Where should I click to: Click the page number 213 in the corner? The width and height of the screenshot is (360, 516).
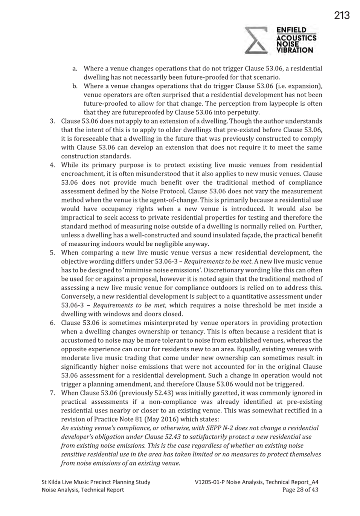coord(342,15)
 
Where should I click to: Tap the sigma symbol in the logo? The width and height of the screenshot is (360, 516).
coord(256,40)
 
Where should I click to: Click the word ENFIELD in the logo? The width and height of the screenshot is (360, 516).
coord(291,30)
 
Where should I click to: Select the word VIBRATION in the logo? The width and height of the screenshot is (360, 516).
coord(294,50)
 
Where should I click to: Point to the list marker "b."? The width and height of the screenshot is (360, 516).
coord(75,86)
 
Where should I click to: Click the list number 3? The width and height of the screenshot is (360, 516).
coord(53,121)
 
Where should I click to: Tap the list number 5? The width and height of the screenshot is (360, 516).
coord(53,253)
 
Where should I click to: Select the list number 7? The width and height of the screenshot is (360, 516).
coord(53,393)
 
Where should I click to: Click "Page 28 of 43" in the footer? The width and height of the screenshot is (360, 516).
coord(300,490)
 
